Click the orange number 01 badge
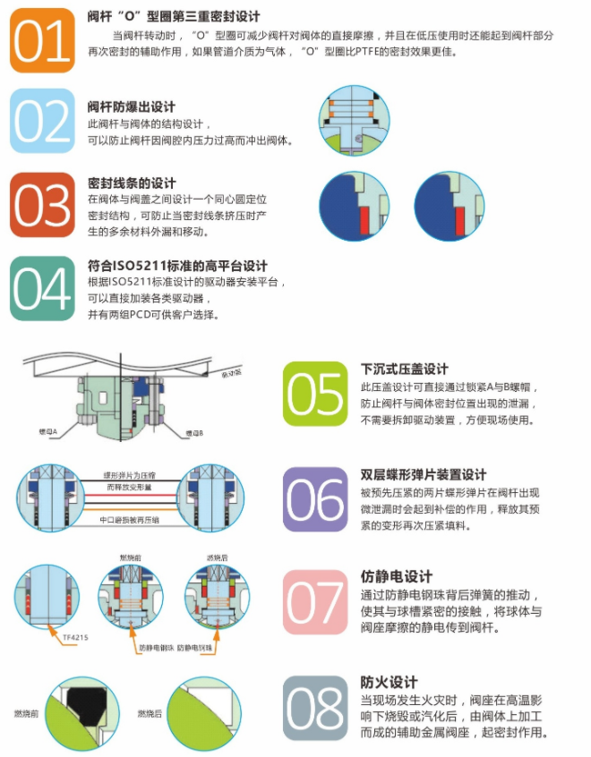coord(41,40)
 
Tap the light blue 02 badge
coord(41,121)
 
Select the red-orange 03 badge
coord(41,205)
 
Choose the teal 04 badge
coord(41,289)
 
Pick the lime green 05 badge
coord(315,394)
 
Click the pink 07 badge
coord(315,602)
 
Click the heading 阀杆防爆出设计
coord(132,106)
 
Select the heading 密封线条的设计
coord(132,183)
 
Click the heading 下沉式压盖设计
coord(405,369)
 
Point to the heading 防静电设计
coord(397,576)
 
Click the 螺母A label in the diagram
coord(47,432)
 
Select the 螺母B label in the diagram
coord(195,433)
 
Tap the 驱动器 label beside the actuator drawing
coord(230,374)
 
